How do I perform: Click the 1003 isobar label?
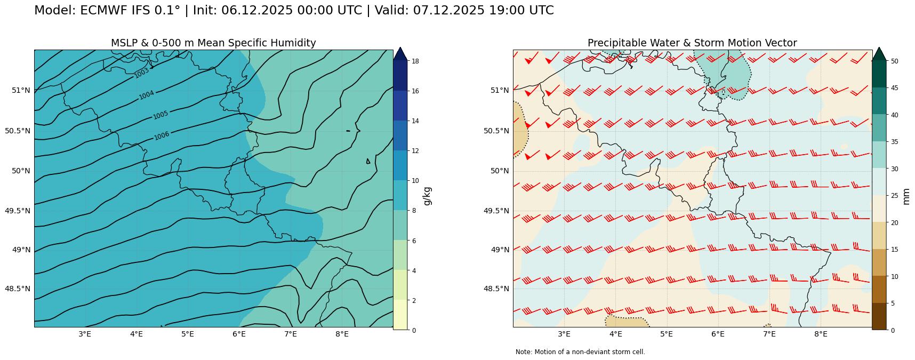point(142,73)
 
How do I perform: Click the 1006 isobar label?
point(162,136)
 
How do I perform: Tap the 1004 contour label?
point(147,95)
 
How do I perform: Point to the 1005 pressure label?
point(160,115)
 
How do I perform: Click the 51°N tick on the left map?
point(21,90)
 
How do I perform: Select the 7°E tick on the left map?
point(290,334)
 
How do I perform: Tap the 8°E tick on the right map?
point(821,334)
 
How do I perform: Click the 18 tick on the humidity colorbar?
point(414,61)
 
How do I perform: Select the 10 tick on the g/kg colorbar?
point(414,181)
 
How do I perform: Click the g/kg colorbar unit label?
point(427,196)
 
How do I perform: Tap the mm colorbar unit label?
point(906,196)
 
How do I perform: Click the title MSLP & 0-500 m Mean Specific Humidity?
point(213,43)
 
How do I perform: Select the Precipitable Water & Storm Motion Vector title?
point(692,43)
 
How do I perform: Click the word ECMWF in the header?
point(102,11)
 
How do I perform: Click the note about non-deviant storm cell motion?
point(580,352)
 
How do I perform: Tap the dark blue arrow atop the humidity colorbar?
point(400,53)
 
